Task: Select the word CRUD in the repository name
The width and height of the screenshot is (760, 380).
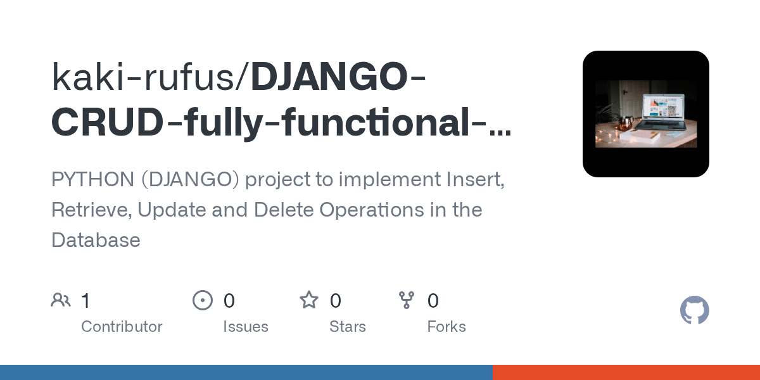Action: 107,122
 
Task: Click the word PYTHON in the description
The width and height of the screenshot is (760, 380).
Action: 93,179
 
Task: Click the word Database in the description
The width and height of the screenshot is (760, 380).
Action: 96,240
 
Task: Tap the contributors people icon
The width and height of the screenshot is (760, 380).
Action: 61,300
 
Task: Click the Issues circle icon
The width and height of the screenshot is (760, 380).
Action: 203,300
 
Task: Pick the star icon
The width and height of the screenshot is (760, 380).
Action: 309,300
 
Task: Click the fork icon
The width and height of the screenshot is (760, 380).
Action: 406,300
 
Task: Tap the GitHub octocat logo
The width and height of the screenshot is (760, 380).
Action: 694,311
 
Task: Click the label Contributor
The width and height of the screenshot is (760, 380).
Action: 122,327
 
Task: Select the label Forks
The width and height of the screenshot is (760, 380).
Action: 446,327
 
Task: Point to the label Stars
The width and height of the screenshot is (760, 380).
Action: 348,327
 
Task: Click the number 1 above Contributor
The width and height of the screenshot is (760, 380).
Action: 86,301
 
